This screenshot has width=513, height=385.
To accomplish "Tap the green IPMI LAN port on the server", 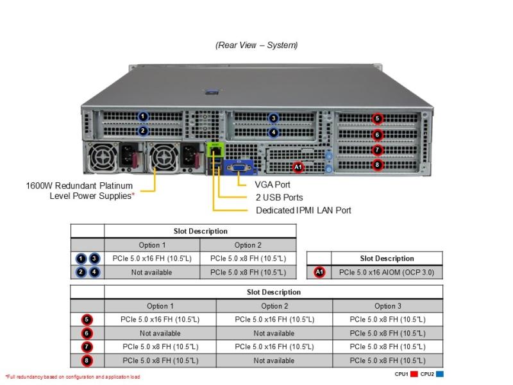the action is coord(215,151).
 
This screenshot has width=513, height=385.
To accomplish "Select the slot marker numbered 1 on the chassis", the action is coord(142,116).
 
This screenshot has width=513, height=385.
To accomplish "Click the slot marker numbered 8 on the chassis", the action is coord(377,165).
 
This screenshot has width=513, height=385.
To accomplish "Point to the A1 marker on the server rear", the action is coord(298,167).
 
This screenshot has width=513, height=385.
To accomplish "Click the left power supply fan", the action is coord(103,158).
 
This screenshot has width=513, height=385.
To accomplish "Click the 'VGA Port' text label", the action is coord(273,185).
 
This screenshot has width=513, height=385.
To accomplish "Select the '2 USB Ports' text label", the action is coord(280,198).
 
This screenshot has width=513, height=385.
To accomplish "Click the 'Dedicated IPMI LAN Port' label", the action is coord(303,210).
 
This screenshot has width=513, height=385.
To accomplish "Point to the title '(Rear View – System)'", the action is coord(256,45).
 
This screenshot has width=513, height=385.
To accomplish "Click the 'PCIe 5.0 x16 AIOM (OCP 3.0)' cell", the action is coord(387,272).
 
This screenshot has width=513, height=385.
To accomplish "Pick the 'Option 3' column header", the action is coord(388,306).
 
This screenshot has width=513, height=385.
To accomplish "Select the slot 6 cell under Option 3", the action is coord(388,333).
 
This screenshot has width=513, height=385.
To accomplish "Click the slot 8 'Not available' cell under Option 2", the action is coord(274,361).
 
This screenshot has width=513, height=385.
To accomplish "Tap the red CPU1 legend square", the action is coord(414,374).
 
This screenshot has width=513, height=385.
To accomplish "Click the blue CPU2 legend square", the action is coord(440,374).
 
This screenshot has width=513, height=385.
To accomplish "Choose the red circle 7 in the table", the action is coord(87,346).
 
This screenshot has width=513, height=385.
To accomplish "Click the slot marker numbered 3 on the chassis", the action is coord(274,118).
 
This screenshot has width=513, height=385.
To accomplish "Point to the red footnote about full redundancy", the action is coord(72,377).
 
